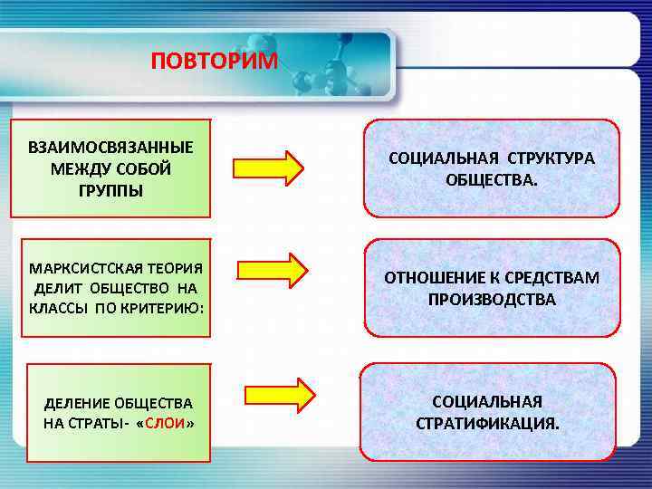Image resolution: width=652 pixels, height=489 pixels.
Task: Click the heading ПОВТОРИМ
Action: pos(216,62)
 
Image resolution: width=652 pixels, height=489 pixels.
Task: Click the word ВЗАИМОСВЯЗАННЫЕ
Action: pos(110,147)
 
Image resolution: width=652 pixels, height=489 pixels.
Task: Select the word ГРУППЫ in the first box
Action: pos(110,191)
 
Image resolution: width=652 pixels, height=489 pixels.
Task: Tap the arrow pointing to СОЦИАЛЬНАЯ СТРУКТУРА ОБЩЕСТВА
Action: pos(269,168)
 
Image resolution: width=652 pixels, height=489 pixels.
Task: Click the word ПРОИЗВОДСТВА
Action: pos(492,299)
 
